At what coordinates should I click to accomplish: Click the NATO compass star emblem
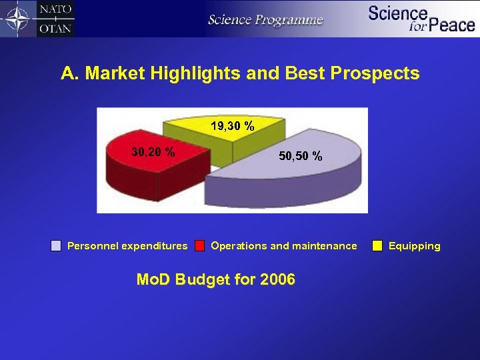pyautogui.click(x=18, y=19)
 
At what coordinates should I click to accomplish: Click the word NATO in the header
pyautogui.click(x=55, y=10)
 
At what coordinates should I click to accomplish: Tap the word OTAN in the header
pyautogui.click(x=55, y=28)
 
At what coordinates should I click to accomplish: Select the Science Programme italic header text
pyautogui.click(x=265, y=19)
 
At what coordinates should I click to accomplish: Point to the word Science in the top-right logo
pyautogui.click(x=397, y=13)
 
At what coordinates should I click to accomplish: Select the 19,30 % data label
pyautogui.click(x=232, y=125)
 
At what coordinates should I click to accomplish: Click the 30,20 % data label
pyautogui.click(x=153, y=152)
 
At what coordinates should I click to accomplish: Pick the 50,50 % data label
pyautogui.click(x=301, y=157)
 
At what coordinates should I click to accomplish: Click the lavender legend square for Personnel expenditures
pyautogui.click(x=57, y=246)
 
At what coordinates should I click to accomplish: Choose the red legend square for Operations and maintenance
pyautogui.click(x=199, y=246)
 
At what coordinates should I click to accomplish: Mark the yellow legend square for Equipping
pyautogui.click(x=377, y=246)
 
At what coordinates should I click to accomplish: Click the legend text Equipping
pyautogui.click(x=414, y=246)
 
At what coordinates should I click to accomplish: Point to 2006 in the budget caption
pyautogui.click(x=274, y=279)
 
